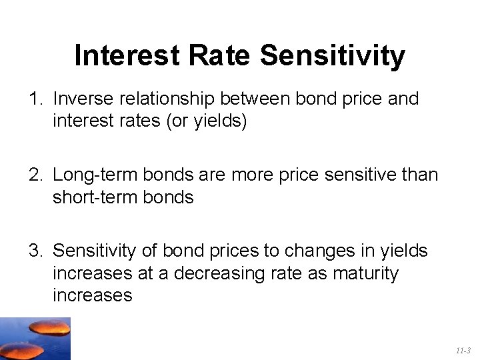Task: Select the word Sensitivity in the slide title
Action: click(332, 56)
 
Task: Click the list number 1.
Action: click(35, 99)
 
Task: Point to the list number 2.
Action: click(35, 175)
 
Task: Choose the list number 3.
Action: click(35, 251)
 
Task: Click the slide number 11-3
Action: click(463, 350)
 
